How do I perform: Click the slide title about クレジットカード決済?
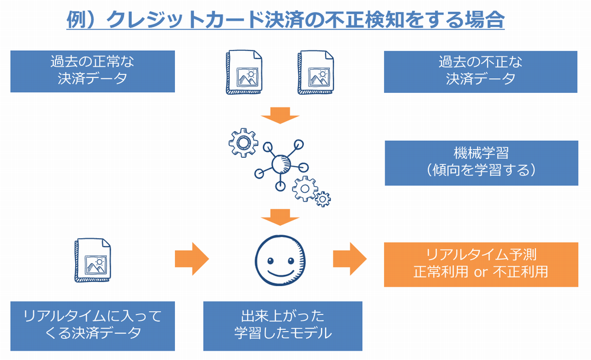tap(285, 20)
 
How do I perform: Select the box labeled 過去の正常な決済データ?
tap(92, 71)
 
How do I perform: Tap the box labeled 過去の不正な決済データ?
tap(480, 71)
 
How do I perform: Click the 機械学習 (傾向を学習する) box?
tap(481, 163)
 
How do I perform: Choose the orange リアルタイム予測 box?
tap(480, 264)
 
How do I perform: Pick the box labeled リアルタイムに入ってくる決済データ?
tap(92, 325)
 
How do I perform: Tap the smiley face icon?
tap(281, 260)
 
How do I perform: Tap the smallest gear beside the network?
tap(323, 199)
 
